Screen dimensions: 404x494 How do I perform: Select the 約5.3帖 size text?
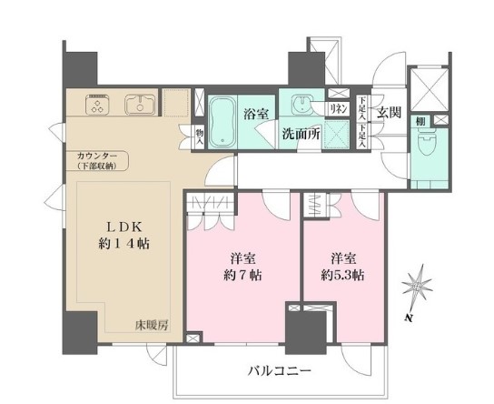coord(343,274)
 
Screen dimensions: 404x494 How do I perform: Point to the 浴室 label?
coord(256,114)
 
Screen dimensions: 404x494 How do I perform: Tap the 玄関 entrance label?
coord(390,113)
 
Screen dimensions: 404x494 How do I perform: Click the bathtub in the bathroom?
coord(223,119)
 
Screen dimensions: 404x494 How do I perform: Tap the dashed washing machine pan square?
coord(337,136)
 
